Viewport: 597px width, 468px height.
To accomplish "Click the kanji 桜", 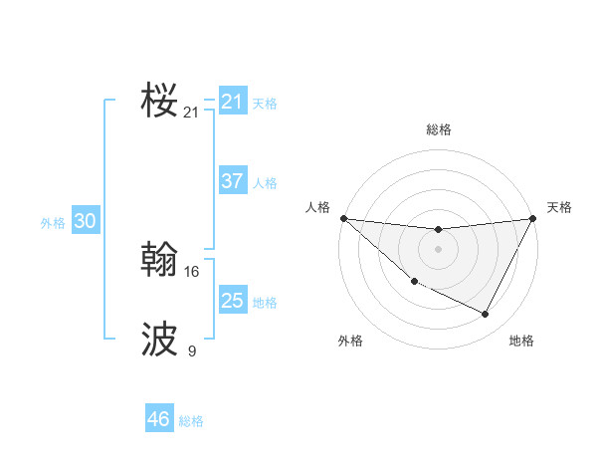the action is (x=159, y=101).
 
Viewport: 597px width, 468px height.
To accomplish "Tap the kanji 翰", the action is (x=159, y=260).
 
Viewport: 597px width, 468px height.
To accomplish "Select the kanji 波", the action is (x=159, y=340).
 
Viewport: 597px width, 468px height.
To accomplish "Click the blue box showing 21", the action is (x=232, y=102).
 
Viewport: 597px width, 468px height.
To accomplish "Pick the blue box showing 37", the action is (x=232, y=181).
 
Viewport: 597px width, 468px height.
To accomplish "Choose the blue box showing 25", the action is (x=232, y=300).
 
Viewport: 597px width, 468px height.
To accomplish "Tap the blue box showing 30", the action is (x=85, y=221).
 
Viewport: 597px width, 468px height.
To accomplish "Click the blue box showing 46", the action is (x=158, y=419).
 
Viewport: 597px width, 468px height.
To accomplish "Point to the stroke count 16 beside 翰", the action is (x=192, y=271).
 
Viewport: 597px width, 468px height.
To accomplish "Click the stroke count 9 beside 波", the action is (x=192, y=351).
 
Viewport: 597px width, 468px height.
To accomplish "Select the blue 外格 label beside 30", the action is (x=53, y=223).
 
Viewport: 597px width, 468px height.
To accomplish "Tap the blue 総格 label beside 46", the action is (x=191, y=421).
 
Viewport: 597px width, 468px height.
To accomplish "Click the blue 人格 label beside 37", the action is (x=265, y=183).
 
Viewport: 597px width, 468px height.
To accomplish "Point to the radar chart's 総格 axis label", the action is (x=438, y=129).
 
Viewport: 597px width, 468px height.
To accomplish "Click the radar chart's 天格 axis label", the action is (x=559, y=207).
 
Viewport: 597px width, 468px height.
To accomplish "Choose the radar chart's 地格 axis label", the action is (x=521, y=341).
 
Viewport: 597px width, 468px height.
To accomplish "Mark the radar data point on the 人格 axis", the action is (x=343, y=218).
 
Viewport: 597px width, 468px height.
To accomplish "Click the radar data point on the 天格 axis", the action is (x=532, y=218).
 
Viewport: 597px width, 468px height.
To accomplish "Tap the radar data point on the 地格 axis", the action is (x=486, y=315).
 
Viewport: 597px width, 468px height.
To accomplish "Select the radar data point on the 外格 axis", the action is (x=414, y=282).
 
